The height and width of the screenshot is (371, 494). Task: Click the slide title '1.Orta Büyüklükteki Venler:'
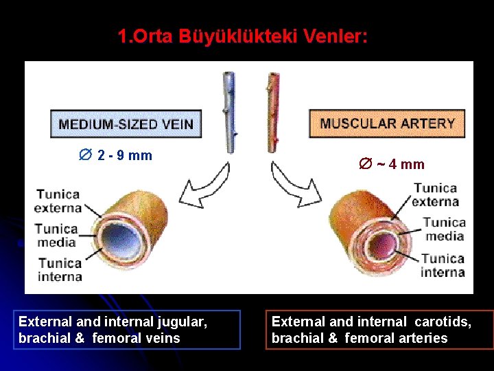[242, 36]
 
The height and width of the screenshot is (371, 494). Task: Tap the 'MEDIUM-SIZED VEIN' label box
[126, 124]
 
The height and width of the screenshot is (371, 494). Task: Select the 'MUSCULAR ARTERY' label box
[387, 124]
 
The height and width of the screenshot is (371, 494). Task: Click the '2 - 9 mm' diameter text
[117, 155]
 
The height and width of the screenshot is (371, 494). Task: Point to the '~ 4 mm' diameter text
[392, 164]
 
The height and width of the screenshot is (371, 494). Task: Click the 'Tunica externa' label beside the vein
[58, 201]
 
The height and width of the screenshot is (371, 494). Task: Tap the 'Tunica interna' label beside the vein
[60, 269]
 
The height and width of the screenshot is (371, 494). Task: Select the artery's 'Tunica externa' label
[436, 194]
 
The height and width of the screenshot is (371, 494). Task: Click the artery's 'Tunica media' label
[444, 229]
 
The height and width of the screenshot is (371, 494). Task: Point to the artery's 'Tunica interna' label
[443, 265]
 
